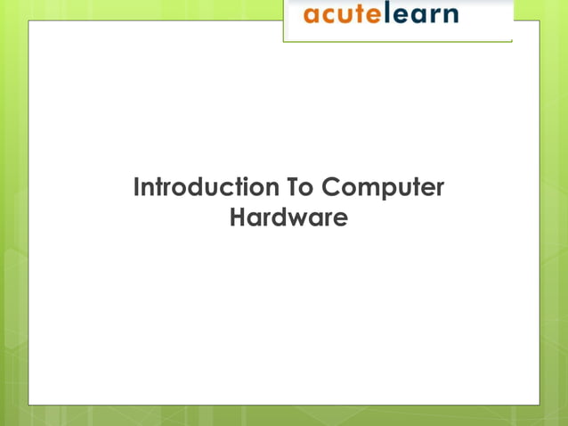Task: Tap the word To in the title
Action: pyautogui.click(x=299, y=189)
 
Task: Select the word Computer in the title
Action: pyautogui.click(x=382, y=190)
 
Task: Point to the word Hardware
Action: pyautogui.click(x=288, y=217)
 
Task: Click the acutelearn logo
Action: pyautogui.click(x=381, y=15)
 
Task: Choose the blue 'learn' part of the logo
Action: pyautogui.click(x=423, y=15)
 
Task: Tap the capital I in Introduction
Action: pyautogui.click(x=137, y=189)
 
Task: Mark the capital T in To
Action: pyautogui.click(x=292, y=189)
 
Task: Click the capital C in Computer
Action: pyautogui.click(x=329, y=189)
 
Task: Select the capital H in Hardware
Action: pyautogui.click(x=238, y=217)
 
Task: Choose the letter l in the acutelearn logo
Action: pyautogui.click(x=392, y=14)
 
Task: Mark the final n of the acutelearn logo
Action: pyautogui.click(x=450, y=16)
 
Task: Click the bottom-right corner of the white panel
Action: pyautogui.click(x=539, y=404)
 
